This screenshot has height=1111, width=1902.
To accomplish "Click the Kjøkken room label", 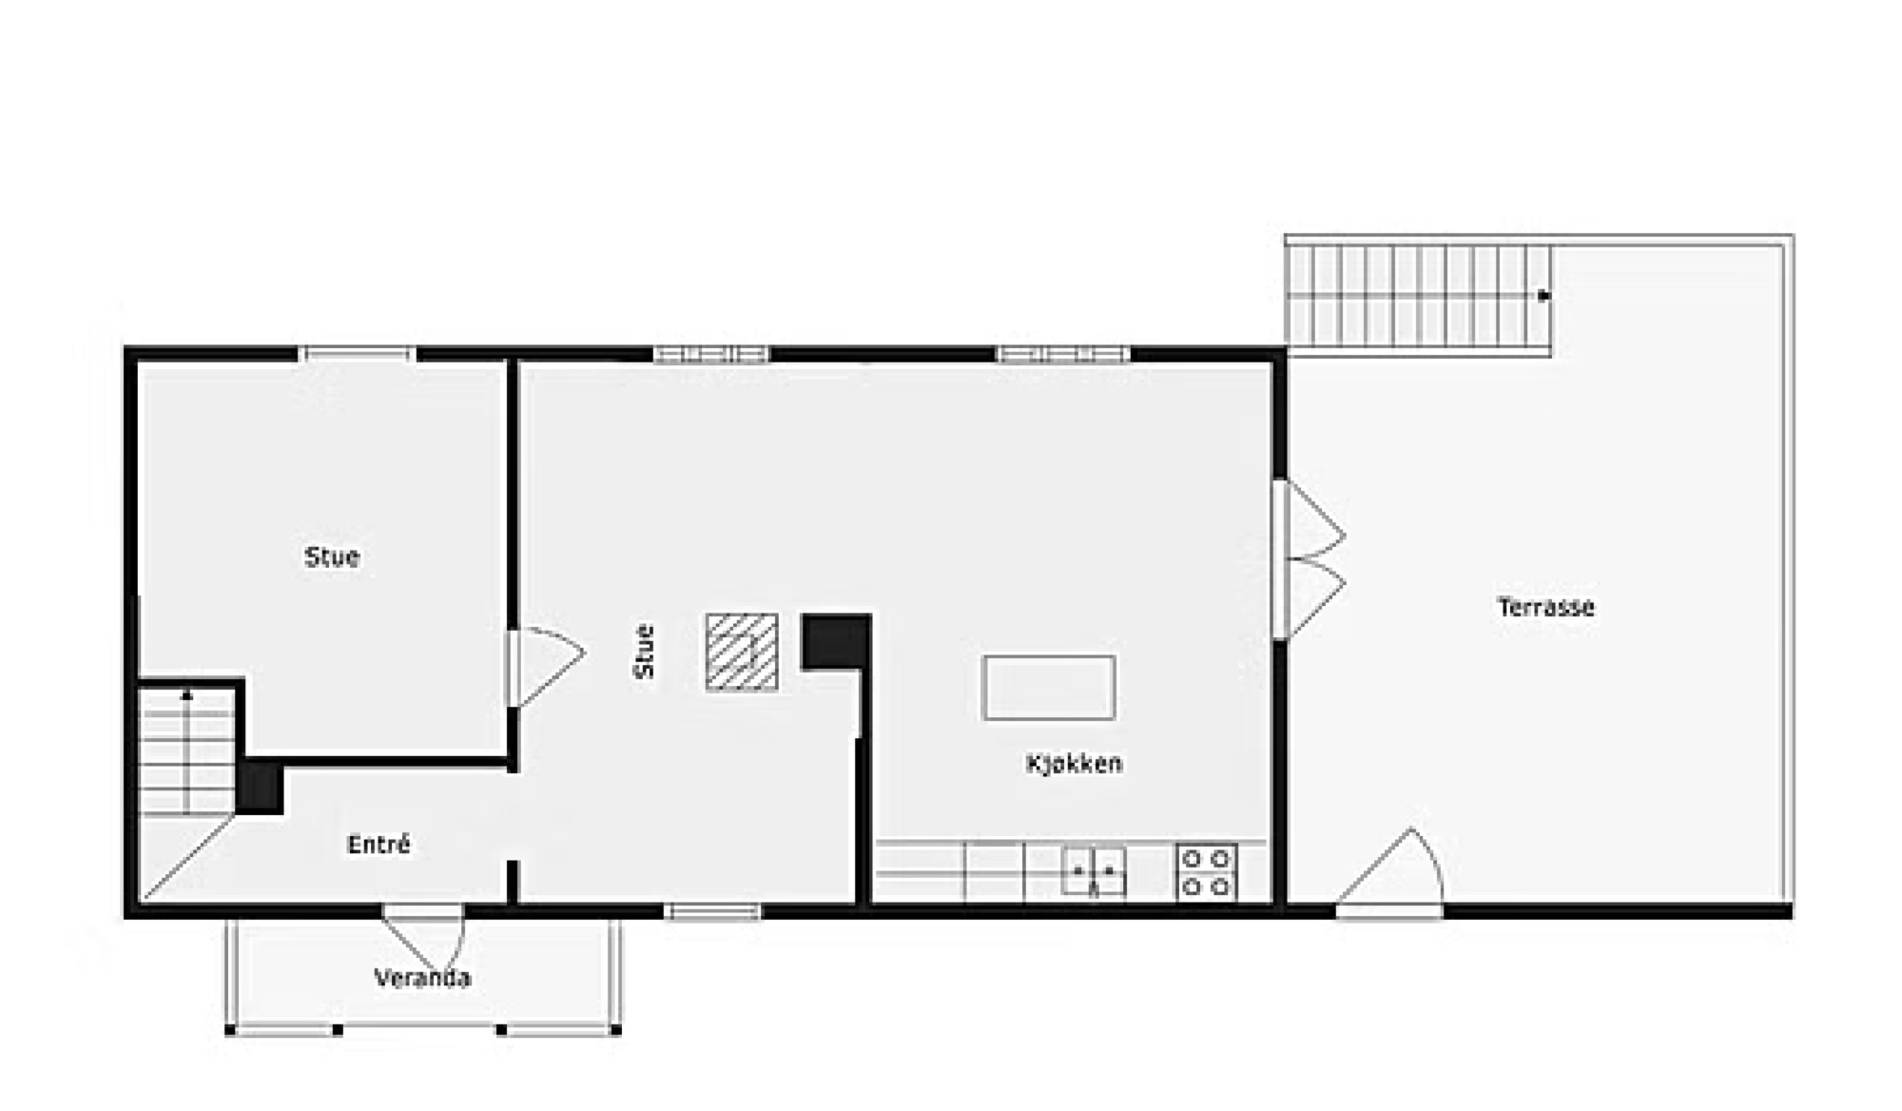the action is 1074,763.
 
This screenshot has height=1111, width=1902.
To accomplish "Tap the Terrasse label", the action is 1545,607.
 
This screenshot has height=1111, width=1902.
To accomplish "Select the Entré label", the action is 378,844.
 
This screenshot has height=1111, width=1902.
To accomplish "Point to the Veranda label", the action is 422,978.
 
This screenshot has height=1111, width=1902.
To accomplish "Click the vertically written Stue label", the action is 644,652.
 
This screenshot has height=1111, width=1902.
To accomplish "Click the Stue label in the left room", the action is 332,556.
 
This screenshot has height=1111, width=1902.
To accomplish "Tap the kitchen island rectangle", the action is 1049,687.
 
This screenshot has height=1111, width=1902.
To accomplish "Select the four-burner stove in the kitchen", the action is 1206,872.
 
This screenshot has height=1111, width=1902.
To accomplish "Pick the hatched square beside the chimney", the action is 742,652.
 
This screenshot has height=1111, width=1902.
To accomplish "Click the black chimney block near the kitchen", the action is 836,642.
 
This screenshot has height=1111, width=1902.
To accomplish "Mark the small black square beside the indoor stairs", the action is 260,788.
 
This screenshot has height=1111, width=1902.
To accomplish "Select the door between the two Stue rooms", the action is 545,668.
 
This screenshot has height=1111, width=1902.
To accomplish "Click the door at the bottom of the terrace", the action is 1389,872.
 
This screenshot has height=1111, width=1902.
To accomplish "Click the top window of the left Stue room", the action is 358,355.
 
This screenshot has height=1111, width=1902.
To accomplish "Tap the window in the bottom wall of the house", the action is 713,912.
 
